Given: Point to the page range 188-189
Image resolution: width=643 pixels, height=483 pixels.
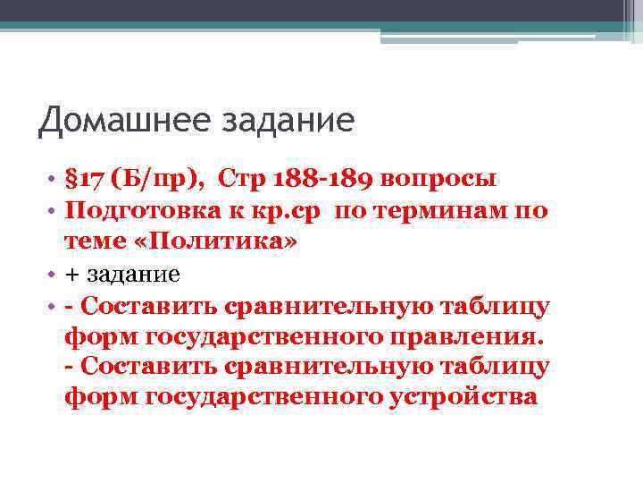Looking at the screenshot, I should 316,179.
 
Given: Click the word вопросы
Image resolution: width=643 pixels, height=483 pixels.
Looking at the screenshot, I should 438,179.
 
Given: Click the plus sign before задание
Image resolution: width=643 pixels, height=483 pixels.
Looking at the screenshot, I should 71,275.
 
